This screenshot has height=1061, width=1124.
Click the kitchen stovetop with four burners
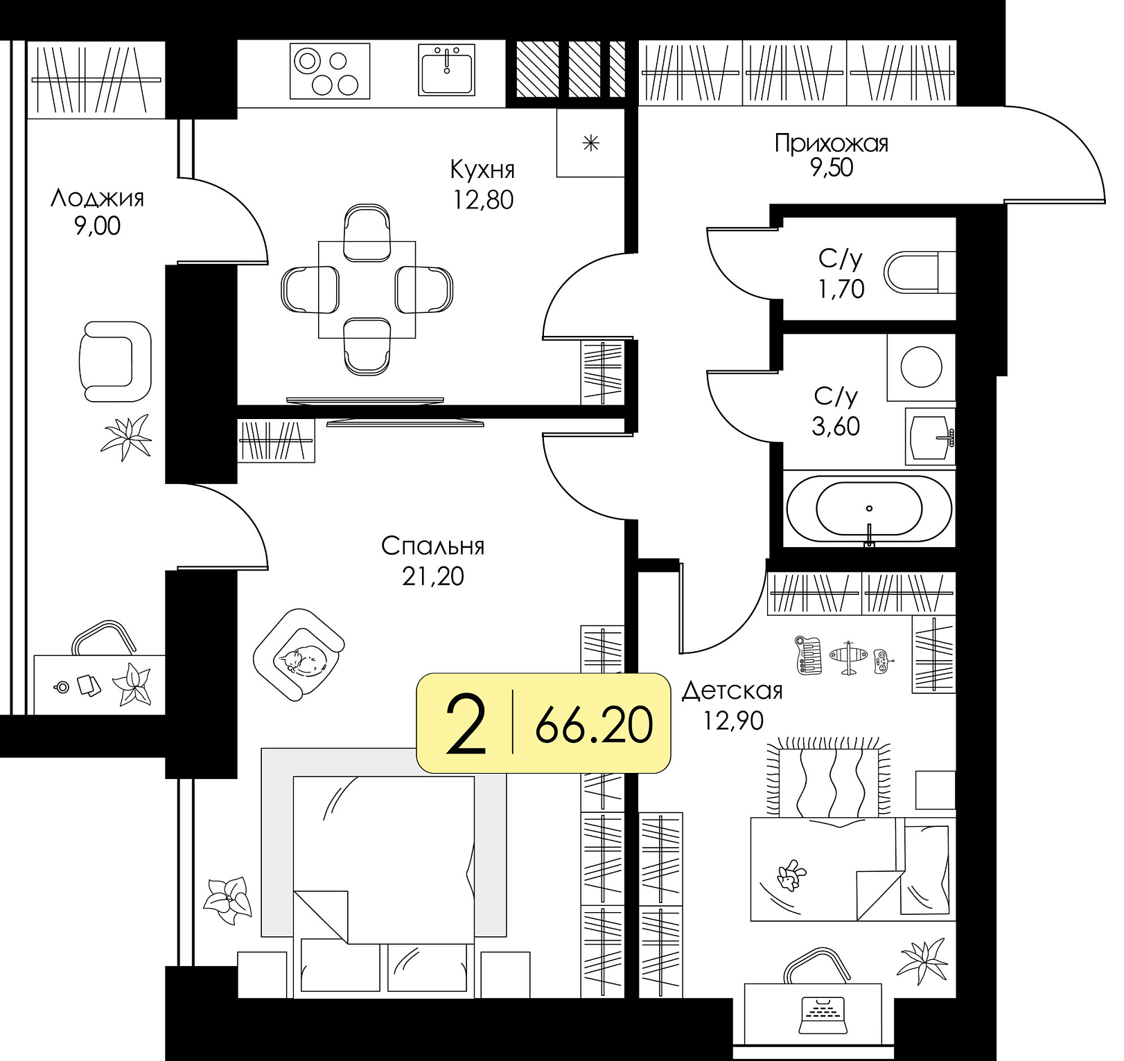click(330, 71)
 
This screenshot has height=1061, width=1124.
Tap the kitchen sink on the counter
click(447, 70)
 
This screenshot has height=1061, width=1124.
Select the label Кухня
click(482, 169)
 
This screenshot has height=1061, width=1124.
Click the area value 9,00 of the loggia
click(97, 226)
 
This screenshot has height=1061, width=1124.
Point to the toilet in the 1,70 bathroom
click(921, 272)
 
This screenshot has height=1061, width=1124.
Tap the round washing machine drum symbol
click(921, 367)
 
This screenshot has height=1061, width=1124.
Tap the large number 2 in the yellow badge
click(466, 725)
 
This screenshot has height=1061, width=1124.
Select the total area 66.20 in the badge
click(594, 725)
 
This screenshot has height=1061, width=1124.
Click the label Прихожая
click(831, 143)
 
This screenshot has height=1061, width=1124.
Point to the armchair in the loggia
click(115, 362)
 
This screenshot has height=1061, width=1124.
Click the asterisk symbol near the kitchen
click(590, 143)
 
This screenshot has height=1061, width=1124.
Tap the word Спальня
click(432, 546)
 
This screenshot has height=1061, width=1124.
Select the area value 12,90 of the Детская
click(733, 721)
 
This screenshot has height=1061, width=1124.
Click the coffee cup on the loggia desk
click(62, 687)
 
